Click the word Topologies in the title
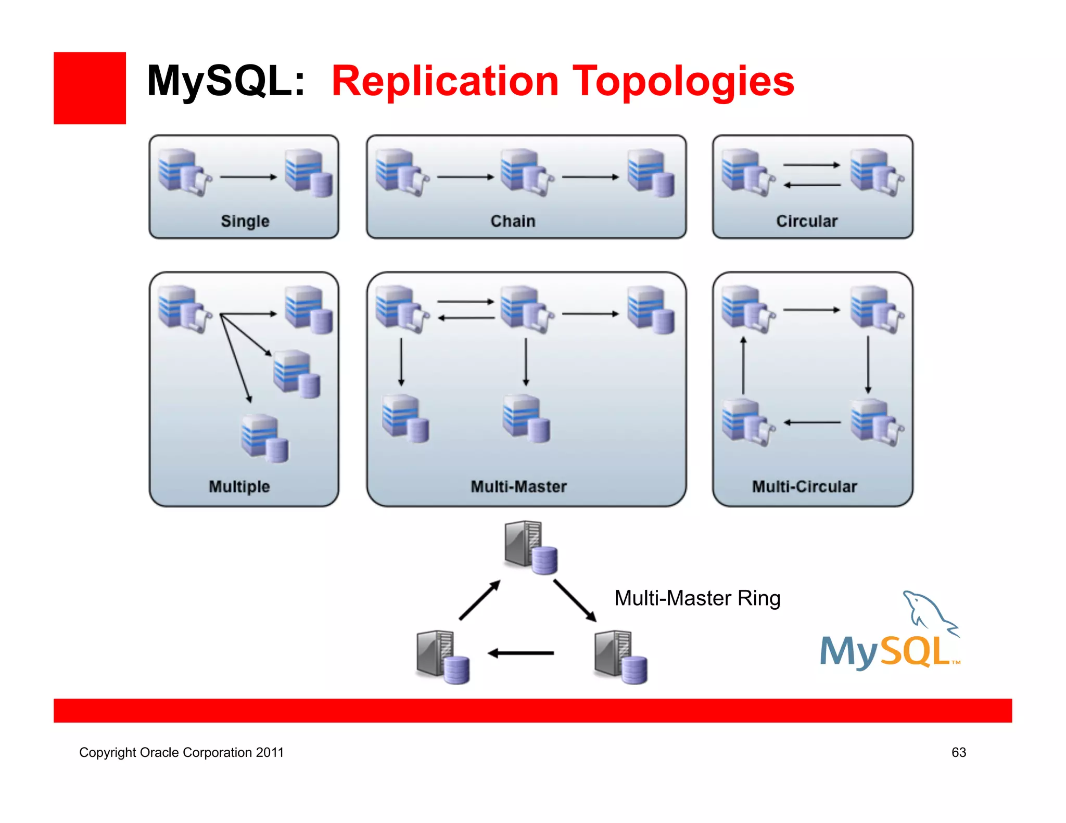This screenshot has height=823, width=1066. click(683, 82)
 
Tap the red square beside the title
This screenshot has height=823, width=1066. click(90, 88)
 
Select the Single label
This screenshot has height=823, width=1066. click(245, 221)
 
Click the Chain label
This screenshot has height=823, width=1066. click(513, 221)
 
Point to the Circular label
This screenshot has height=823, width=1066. click(807, 221)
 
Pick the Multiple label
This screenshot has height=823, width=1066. click(239, 486)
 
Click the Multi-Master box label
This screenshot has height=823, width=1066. click(518, 486)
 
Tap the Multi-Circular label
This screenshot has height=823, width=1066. click(804, 486)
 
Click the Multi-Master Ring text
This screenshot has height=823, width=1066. click(697, 598)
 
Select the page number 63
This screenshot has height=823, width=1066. click(958, 752)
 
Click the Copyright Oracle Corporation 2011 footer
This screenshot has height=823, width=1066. click(181, 752)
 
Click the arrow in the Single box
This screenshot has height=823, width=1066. click(248, 177)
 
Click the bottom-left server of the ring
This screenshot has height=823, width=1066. click(443, 657)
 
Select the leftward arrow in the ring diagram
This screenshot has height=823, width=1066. click(521, 653)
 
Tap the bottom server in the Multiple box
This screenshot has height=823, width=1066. click(264, 438)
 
